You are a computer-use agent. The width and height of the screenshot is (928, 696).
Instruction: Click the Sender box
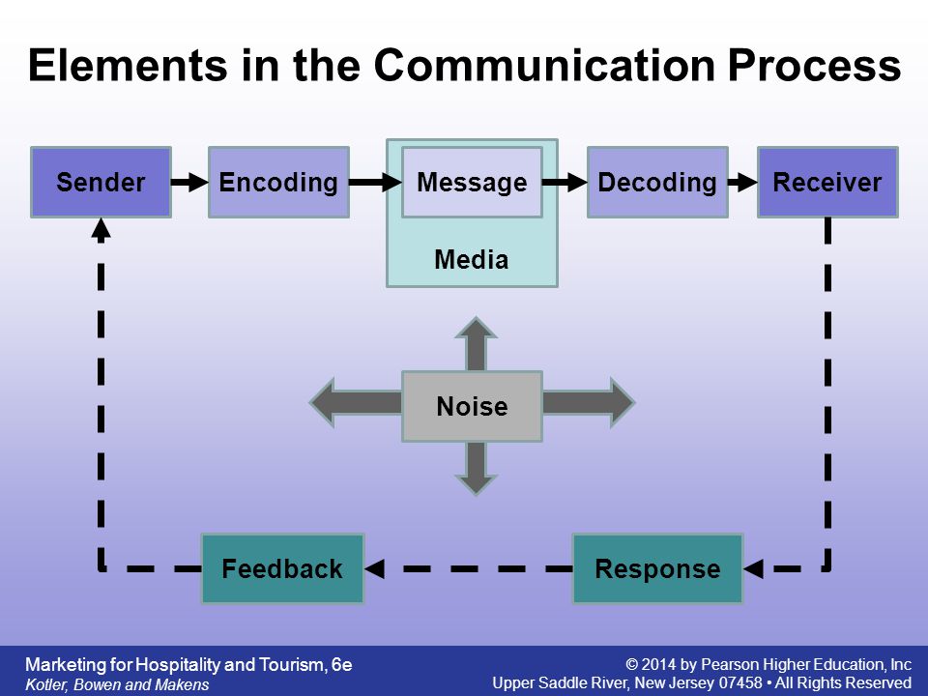point(101,183)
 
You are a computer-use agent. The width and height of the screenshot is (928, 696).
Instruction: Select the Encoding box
point(278,183)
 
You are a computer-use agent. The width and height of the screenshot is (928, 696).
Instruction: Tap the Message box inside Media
point(473,183)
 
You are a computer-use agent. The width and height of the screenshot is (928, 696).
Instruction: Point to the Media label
point(472,260)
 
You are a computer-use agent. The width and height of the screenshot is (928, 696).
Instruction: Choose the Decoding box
point(657,183)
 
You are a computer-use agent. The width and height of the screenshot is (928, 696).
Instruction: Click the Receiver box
point(828,183)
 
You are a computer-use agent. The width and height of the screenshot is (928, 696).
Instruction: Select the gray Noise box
point(473,406)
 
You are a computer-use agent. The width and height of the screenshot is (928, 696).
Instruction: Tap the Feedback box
point(282,568)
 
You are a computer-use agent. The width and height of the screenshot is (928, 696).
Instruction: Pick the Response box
point(657,568)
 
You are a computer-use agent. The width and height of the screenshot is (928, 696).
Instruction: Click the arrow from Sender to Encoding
point(190,182)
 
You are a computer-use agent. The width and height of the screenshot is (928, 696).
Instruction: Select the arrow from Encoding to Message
point(376,182)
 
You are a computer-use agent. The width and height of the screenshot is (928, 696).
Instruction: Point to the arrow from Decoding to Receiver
point(742,182)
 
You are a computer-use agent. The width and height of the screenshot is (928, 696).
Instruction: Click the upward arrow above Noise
point(476,344)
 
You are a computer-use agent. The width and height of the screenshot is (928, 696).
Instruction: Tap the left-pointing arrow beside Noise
point(356,402)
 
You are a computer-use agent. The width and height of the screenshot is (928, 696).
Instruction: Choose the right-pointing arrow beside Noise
point(589,402)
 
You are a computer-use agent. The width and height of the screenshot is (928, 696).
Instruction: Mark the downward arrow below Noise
point(476,468)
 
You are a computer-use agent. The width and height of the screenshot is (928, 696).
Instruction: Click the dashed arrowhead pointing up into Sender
point(101,230)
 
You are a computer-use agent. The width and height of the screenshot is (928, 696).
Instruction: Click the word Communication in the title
point(544,65)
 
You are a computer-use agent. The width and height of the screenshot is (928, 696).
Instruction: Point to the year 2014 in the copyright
point(659,665)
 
